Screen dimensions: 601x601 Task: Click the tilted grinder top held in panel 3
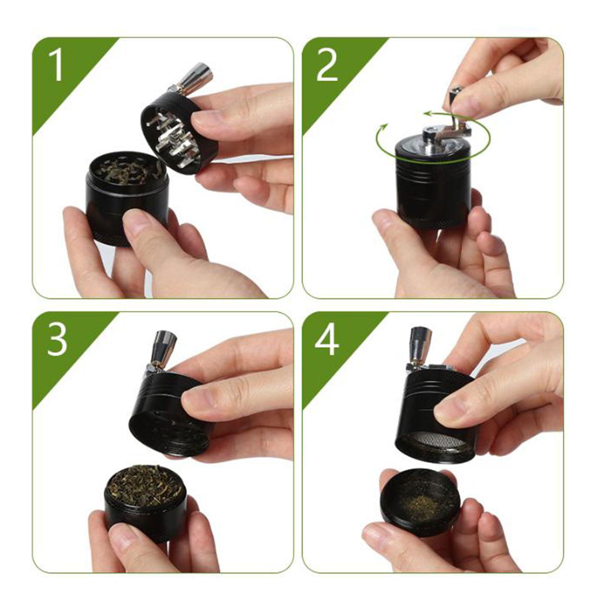169,413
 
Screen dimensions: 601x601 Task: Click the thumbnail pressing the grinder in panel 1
137,222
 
